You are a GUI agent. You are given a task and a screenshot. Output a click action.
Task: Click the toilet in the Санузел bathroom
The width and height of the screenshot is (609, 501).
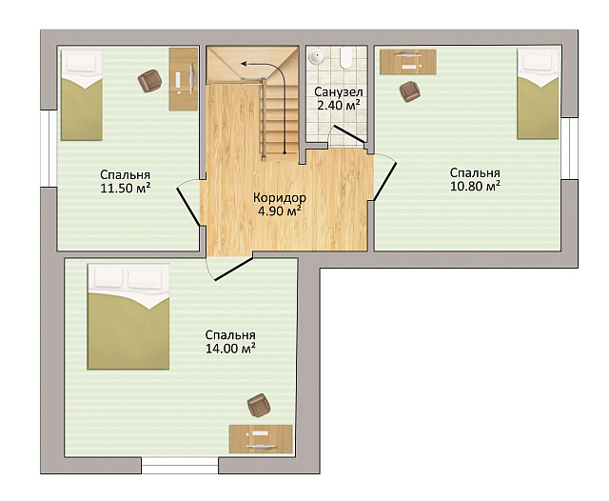click(x=345, y=57)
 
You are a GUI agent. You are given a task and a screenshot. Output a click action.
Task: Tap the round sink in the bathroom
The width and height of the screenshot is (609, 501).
click(x=317, y=57)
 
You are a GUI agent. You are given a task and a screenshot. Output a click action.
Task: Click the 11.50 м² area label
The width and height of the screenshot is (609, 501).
click(x=126, y=189)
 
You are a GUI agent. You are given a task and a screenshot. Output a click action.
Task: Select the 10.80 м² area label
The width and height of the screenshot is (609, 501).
click(x=475, y=186)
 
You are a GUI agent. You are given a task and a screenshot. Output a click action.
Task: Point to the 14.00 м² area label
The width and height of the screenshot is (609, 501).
click(x=230, y=349)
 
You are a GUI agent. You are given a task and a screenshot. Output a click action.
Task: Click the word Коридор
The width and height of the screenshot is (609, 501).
click(x=280, y=197)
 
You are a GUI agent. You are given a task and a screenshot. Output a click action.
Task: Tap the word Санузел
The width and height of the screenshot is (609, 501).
click(x=339, y=92)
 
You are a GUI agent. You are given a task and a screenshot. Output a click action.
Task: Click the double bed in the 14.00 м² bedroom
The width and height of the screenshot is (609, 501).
click(x=128, y=316)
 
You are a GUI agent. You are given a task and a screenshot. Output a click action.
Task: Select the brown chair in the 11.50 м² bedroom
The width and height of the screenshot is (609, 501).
click(x=150, y=81)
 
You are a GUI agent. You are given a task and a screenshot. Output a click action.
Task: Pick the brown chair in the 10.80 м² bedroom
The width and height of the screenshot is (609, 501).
click(x=410, y=91)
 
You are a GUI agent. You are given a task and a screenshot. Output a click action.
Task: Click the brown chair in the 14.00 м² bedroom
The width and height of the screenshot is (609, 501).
click(x=259, y=405)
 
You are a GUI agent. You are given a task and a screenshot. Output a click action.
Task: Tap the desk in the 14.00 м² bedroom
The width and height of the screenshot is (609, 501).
click(x=261, y=439)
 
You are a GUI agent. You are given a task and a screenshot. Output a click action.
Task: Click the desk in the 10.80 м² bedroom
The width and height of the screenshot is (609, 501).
click(x=408, y=61)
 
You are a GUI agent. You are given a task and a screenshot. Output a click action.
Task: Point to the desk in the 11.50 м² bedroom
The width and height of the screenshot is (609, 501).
click(x=184, y=79)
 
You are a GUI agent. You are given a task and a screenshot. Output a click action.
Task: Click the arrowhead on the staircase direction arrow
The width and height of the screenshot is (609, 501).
click(x=244, y=63)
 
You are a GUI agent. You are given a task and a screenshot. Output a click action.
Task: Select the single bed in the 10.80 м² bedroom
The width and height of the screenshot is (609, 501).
click(x=538, y=93)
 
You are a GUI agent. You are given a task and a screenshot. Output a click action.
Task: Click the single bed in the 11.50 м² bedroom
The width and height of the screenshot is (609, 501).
click(x=82, y=95)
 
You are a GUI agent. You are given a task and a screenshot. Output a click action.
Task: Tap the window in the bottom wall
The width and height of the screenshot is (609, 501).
click(x=180, y=466)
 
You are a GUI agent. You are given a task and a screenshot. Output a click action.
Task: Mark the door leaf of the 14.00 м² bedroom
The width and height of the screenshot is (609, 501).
click(x=234, y=269)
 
